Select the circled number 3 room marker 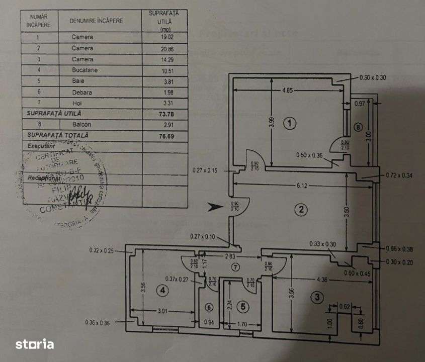[x=316, y=297]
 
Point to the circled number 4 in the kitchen [x=162, y=290]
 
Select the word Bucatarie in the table [x=83, y=70]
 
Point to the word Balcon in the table [x=81, y=124]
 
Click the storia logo [x=34, y=344]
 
